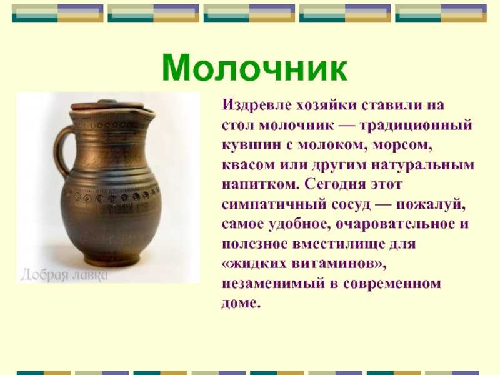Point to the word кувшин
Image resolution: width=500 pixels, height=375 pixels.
(x=248, y=146)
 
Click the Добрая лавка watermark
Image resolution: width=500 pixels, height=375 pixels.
(x=61, y=274)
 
